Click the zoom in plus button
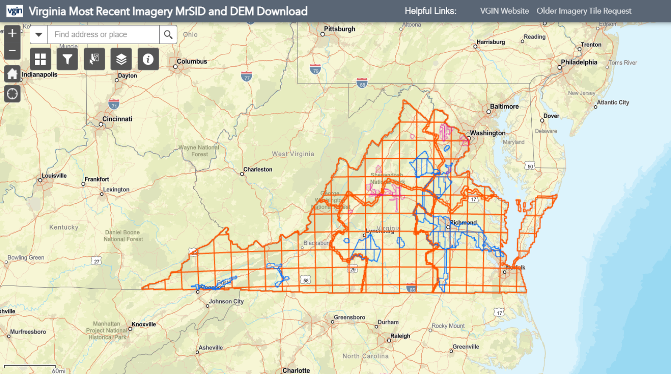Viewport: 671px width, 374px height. click(12, 34)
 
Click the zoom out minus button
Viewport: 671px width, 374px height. click(12, 51)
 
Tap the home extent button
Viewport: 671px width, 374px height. click(12, 74)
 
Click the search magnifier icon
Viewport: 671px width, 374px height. click(168, 35)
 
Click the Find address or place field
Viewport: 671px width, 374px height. click(103, 35)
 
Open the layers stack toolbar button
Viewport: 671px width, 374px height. click(121, 59)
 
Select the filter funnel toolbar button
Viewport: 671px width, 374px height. click(67, 59)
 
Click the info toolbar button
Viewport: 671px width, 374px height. click(148, 59)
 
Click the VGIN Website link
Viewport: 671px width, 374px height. click(504, 11)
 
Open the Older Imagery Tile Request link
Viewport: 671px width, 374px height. click(584, 11)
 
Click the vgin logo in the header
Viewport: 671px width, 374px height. click(14, 11)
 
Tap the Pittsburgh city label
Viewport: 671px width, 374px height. click(339, 29)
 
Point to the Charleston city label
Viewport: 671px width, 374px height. click(258, 169)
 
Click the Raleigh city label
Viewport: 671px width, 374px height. click(400, 336)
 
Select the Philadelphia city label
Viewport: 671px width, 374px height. click(579, 62)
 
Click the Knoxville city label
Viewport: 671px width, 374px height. click(144, 324)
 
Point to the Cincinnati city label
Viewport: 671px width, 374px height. click(117, 119)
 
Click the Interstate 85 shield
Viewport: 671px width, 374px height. click(412, 289)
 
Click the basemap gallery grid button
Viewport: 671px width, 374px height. click(40, 59)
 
